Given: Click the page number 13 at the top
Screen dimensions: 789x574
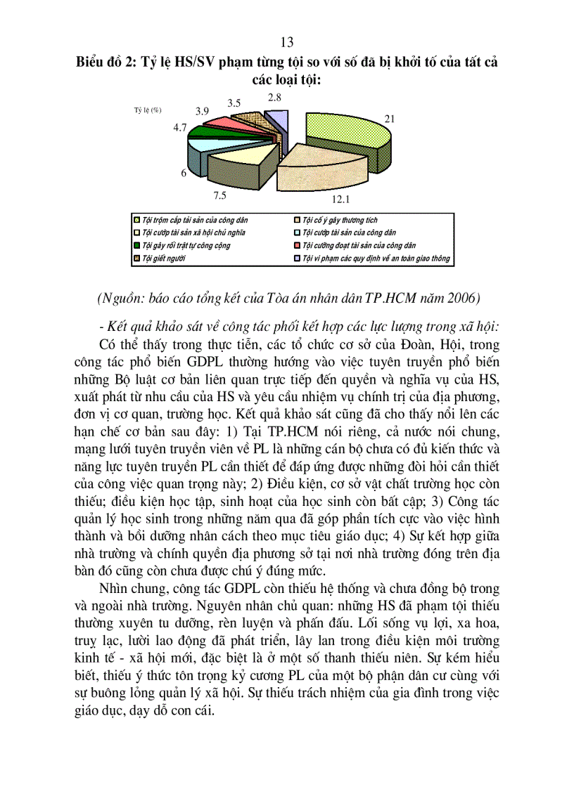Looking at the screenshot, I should pos(287,42).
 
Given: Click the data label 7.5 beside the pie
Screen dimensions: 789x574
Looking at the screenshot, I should pos(221,195).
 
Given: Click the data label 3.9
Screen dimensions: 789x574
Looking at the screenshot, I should pos(202,111).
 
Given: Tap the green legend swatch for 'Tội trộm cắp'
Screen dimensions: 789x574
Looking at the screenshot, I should pos(136,221).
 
